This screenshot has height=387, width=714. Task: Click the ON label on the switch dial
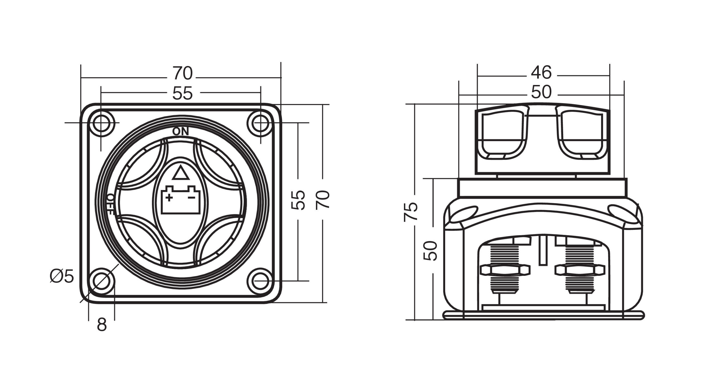pos(181,132)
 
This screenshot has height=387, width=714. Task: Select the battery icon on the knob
pos(180,200)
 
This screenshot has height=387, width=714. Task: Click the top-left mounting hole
pos(101,123)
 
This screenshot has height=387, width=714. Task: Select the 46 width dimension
pos(541,73)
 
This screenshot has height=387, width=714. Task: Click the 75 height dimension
pos(411,211)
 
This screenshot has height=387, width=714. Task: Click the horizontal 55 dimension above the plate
pos(182,93)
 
